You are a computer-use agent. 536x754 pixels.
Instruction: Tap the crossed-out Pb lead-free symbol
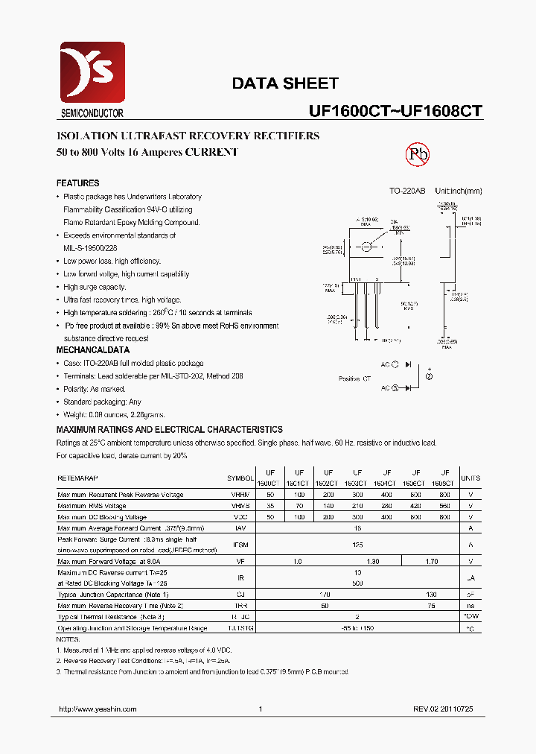417,154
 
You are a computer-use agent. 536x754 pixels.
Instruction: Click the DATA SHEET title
285,83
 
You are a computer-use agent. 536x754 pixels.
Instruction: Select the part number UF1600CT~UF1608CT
395,111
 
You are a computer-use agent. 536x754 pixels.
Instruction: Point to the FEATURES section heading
77,183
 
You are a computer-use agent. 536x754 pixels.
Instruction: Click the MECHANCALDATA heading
93,350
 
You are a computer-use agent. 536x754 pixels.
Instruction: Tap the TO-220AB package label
407,191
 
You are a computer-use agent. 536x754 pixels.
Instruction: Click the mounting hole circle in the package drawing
367,247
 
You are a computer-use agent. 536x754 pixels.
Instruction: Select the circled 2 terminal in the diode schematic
429,376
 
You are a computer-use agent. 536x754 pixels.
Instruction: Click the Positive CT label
354,378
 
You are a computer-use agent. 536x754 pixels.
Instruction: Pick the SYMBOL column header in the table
240,478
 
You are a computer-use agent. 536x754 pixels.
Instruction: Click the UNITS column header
470,478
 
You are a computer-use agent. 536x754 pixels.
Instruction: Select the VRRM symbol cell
240,495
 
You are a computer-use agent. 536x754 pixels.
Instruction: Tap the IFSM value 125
357,545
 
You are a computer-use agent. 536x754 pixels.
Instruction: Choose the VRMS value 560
444,506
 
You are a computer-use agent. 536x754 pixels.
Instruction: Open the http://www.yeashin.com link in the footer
97,710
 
